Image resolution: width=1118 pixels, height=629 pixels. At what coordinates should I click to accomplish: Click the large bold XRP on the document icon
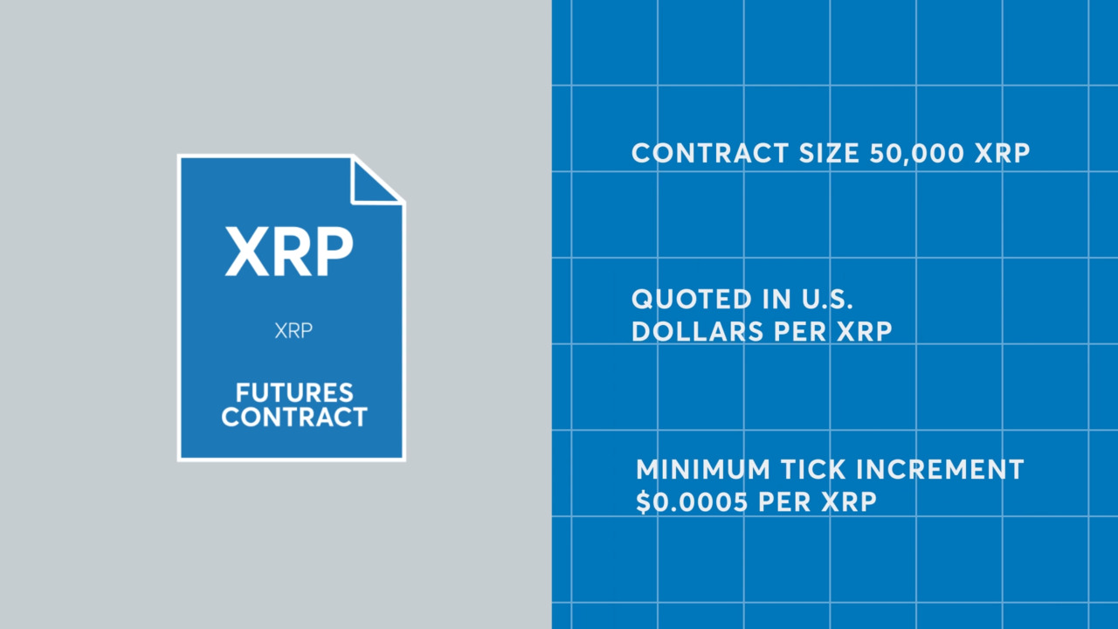click(x=289, y=252)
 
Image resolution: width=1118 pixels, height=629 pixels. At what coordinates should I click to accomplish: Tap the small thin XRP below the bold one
click(x=293, y=331)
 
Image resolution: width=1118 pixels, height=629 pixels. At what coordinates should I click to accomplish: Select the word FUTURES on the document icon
click(x=293, y=392)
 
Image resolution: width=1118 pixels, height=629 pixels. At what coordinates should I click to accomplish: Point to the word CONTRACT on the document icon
click(x=293, y=417)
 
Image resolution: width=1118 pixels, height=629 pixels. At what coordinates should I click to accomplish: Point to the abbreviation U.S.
click(x=824, y=300)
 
